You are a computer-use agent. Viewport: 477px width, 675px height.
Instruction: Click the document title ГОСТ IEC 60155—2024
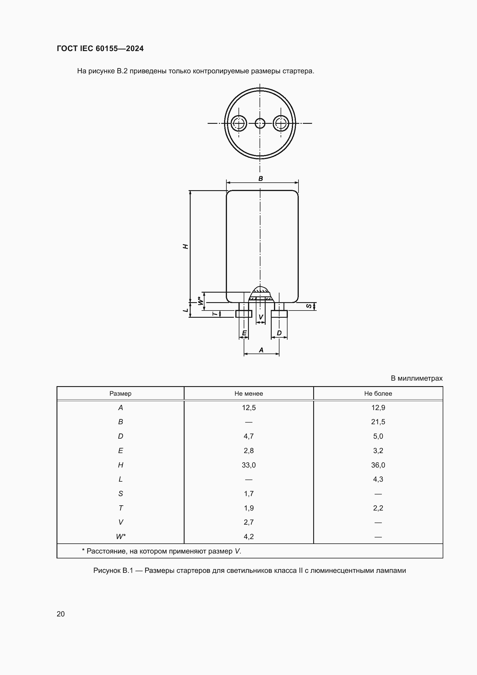pos(100,48)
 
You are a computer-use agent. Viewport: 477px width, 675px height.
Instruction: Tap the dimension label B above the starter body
pos(260,178)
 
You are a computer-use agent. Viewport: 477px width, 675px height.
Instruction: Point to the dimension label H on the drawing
pos(185,246)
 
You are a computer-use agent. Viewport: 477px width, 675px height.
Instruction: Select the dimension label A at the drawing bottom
pos(261,350)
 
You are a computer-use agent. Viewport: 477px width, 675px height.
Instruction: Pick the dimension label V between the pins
pos(260,317)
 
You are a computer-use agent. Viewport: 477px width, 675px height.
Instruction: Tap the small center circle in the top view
pos(260,123)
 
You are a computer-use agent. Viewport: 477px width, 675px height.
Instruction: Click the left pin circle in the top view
pos(238,123)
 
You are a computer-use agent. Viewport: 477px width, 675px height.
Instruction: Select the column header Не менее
pos(249,393)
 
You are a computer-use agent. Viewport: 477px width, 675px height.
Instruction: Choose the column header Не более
pos(378,393)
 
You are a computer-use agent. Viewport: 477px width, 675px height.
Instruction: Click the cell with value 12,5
pos(249,407)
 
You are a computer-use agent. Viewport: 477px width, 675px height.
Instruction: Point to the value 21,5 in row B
pos(378,422)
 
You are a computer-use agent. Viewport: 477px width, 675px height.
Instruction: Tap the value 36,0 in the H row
pos(378,465)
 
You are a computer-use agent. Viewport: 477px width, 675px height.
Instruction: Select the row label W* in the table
pos(121,536)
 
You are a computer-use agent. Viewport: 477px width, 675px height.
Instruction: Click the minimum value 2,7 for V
pos(249,522)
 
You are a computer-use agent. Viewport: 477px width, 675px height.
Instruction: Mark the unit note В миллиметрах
pos(416,378)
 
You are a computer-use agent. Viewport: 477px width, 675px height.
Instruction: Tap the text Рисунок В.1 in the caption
pos(113,570)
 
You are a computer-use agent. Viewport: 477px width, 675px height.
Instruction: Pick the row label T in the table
pos(121,508)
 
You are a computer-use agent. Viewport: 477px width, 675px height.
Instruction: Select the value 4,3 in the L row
pos(378,479)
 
